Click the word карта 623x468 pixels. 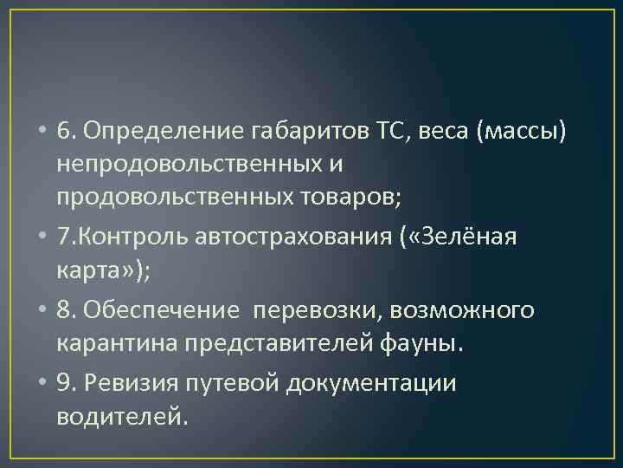90,271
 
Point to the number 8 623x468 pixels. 64,311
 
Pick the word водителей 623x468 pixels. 120,418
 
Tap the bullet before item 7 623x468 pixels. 42,237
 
